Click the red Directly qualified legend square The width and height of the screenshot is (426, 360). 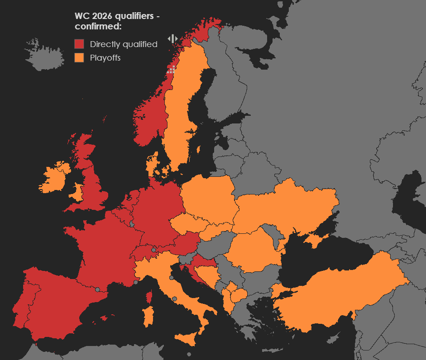[x=79, y=44]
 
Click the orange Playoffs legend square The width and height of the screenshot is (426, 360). [x=79, y=57]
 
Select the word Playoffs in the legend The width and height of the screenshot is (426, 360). [x=105, y=58]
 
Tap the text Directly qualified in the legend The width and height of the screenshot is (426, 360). [x=124, y=44]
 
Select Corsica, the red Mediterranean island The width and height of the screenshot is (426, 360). [x=148, y=297]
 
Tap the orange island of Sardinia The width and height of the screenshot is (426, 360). [x=148, y=317]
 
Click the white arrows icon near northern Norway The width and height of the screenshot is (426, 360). [x=172, y=39]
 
